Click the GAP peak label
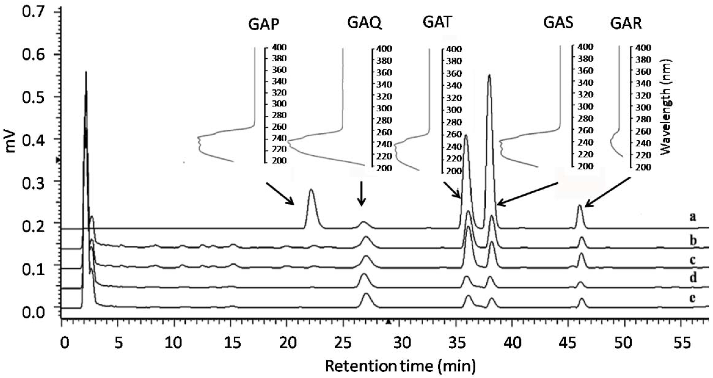coord(263,24)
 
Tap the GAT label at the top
coord(437,22)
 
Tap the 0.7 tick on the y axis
coord(33,12)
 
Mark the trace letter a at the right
coord(692,217)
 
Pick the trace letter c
coord(692,260)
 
